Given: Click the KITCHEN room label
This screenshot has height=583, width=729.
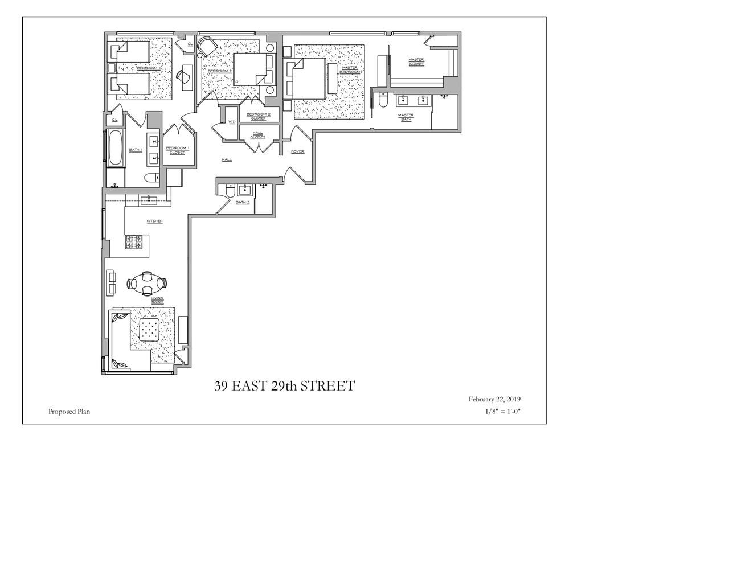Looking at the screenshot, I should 154,221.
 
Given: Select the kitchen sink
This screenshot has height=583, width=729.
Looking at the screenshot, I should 149,199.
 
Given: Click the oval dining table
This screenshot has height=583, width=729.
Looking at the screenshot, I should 147,282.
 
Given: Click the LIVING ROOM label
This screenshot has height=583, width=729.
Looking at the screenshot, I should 158,300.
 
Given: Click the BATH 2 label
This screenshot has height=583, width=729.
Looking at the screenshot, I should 243,202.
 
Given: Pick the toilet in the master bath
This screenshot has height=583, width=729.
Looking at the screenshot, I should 383,101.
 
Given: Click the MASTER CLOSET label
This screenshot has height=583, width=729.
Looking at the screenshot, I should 416,61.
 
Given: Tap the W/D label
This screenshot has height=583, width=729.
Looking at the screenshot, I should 232,122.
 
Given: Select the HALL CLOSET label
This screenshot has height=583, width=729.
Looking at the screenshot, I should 258,135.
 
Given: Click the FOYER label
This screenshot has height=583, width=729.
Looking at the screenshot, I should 297,151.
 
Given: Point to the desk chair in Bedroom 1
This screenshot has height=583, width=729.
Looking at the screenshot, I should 184,77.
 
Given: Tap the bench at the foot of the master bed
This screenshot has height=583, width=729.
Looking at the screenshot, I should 332,78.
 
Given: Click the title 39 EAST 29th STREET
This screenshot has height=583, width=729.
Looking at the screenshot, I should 284,386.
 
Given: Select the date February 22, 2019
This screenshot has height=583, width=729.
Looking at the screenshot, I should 494,399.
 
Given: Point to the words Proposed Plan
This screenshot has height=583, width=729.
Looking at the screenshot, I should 69,412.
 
